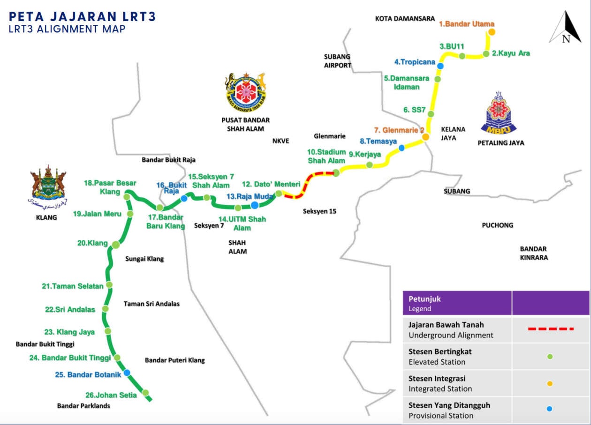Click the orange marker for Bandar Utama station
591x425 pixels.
[492, 32]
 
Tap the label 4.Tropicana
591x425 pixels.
[415, 62]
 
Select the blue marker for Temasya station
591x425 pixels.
[402, 148]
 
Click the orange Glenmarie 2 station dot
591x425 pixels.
[425, 137]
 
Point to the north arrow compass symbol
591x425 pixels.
[566, 28]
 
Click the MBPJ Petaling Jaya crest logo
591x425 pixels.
[499, 113]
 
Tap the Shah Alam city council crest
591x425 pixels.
[245, 91]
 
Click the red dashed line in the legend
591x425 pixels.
[551, 329]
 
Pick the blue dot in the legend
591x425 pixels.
[550, 409]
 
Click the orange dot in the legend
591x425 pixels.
[550, 383]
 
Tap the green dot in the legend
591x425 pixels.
[550, 357]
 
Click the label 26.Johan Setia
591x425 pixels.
[111, 395]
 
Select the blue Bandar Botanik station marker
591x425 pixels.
[127, 373]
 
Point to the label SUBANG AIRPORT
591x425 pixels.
[337, 61]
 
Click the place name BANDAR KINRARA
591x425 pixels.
[533, 253]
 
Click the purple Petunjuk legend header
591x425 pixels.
[457, 303]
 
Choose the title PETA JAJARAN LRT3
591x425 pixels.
[82, 17]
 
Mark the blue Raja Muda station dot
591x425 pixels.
[254, 205]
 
